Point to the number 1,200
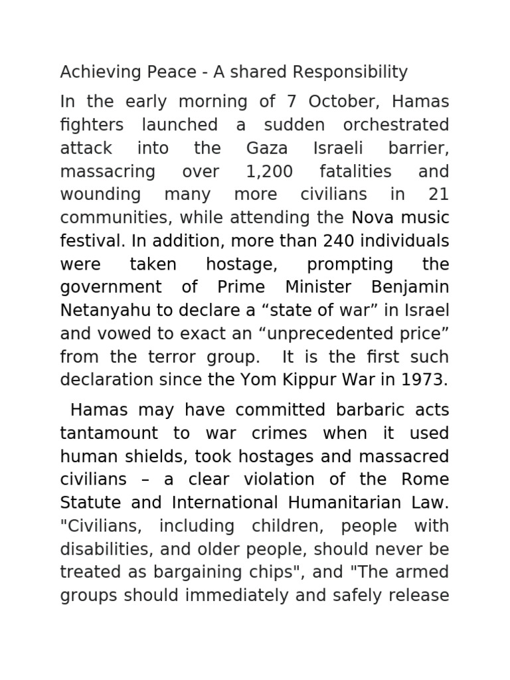[269, 171]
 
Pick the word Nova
[373, 218]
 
